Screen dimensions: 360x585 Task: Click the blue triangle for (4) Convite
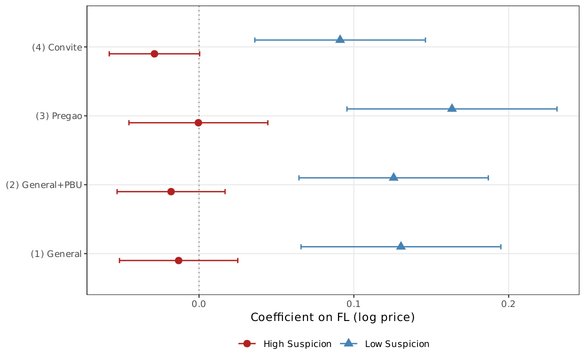tap(340, 39)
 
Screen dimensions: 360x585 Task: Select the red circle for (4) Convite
tap(154, 53)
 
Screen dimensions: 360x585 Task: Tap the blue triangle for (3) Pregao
tap(452, 108)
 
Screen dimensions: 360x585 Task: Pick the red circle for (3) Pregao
tap(198, 122)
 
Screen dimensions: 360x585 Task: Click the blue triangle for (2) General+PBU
tap(393, 177)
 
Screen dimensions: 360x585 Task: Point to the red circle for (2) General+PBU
tap(171, 191)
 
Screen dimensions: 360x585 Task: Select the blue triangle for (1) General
tap(401, 246)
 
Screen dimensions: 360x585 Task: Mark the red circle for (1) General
tap(178, 260)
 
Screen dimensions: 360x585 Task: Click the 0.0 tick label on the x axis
tap(199, 303)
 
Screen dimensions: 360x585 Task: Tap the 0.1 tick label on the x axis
tap(354, 303)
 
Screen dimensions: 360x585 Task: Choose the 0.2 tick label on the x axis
tap(508, 303)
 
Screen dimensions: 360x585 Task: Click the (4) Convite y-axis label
tap(56, 47)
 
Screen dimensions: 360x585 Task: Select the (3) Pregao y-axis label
tap(58, 116)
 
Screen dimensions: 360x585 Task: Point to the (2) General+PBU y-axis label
tap(43, 185)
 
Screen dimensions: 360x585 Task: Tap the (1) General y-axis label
tap(56, 254)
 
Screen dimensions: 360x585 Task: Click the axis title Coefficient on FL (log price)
tap(332, 317)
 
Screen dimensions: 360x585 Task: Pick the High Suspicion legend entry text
tap(297, 344)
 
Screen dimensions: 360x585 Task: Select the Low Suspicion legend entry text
tap(397, 344)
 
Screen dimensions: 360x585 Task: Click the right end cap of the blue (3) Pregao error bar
tap(557, 108)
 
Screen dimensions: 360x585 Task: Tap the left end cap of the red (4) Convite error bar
tap(109, 53)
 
